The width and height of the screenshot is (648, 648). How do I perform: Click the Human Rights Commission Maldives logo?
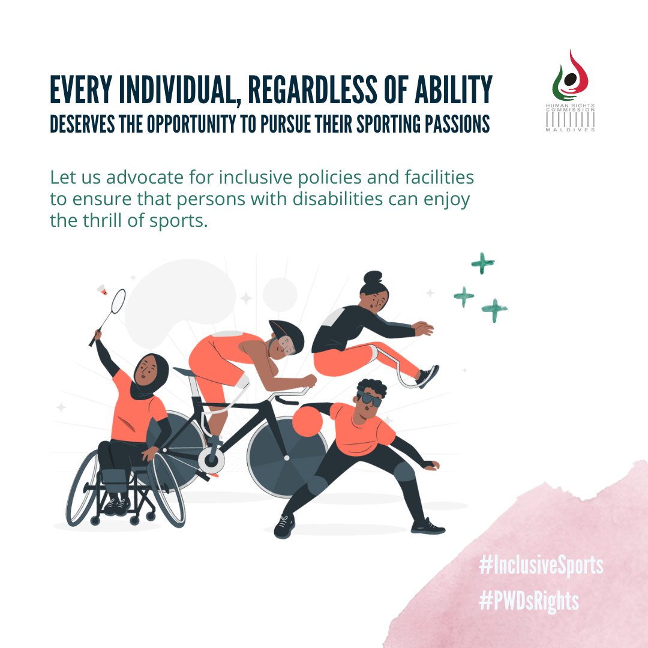click(x=569, y=91)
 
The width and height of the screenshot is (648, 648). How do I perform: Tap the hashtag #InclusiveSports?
click(x=541, y=565)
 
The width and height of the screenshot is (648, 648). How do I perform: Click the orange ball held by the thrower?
click(x=308, y=422)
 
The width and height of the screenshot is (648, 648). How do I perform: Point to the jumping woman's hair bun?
click(x=371, y=279)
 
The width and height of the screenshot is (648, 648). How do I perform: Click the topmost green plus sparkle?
click(x=482, y=263)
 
